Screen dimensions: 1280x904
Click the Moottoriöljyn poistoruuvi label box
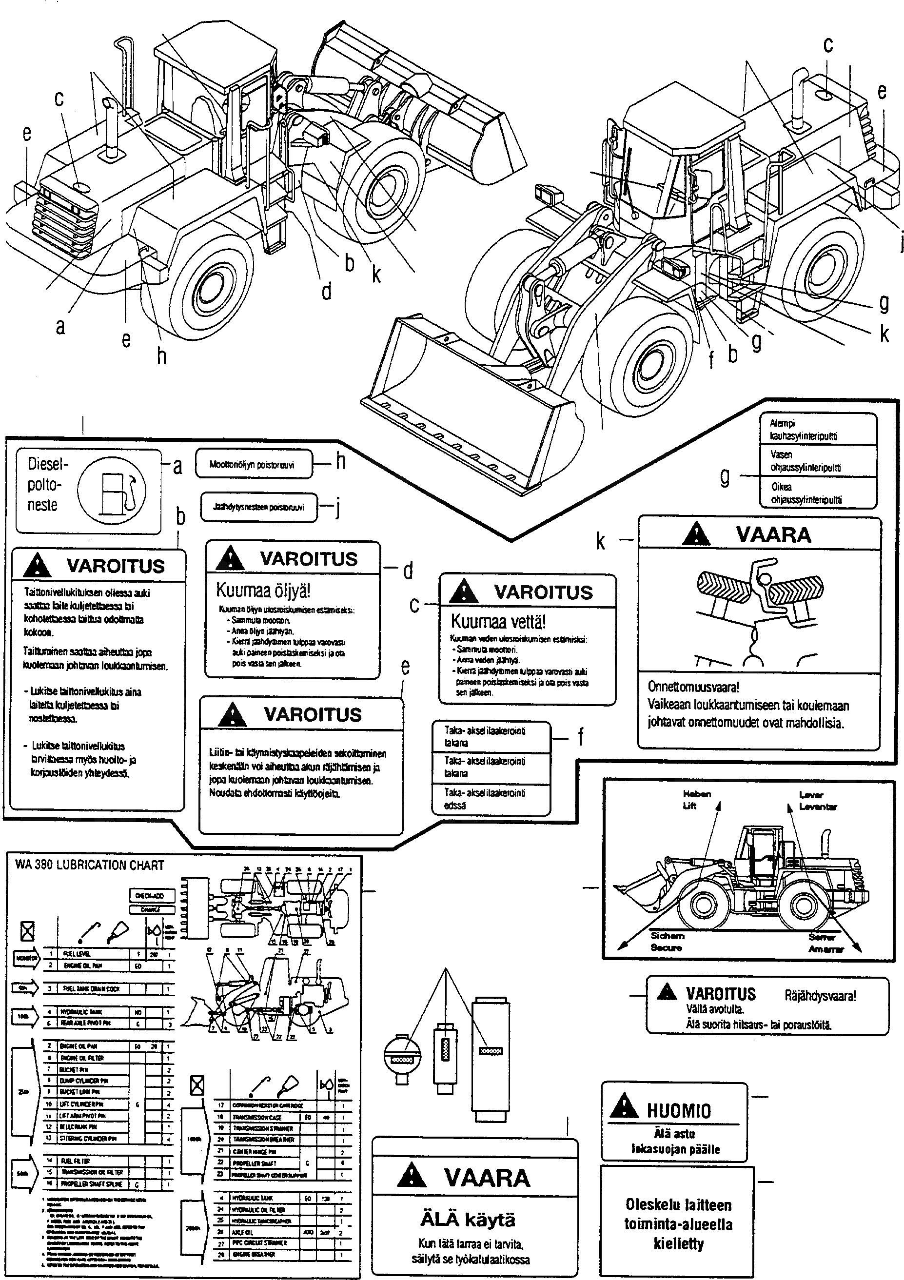[253, 464]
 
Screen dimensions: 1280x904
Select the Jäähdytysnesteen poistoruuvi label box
[258, 507]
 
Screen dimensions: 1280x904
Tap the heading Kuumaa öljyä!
[263, 591]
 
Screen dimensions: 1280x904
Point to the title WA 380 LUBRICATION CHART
[90, 865]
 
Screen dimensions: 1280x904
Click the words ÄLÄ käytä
[468, 1220]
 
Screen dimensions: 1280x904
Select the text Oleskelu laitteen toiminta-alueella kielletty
[678, 1224]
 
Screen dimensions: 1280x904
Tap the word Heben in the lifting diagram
[697, 794]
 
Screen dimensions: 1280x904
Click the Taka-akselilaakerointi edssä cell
[491, 799]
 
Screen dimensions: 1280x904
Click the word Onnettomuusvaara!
[693, 687]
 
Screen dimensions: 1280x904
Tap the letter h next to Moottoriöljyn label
[340, 461]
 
